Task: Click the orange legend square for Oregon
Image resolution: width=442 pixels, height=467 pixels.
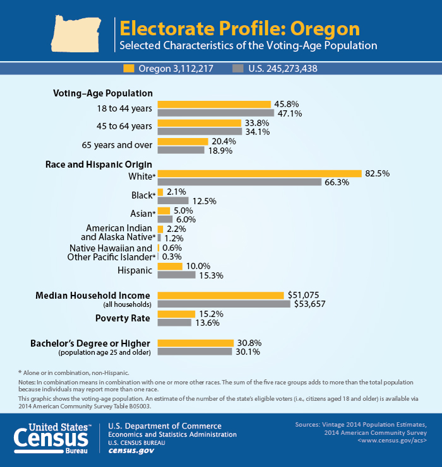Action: (x=129, y=67)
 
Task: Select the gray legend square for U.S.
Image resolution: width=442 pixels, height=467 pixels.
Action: (x=238, y=67)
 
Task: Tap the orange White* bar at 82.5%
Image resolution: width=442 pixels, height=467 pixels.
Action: (x=259, y=173)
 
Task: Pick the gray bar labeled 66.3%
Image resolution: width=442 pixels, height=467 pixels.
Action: (x=239, y=182)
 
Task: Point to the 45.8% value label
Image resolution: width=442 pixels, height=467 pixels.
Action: (x=285, y=105)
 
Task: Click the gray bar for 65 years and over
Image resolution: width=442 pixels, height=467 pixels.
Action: (x=181, y=151)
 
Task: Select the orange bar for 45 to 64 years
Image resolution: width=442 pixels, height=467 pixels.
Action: (x=199, y=123)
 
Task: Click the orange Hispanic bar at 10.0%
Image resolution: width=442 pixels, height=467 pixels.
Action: (x=169, y=266)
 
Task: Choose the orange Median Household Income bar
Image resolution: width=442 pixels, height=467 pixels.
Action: (x=220, y=295)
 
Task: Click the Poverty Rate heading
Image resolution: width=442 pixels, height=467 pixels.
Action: (x=122, y=318)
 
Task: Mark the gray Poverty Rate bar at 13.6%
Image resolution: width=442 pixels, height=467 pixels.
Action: (x=174, y=323)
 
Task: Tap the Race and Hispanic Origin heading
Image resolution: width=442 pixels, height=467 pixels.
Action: (x=99, y=164)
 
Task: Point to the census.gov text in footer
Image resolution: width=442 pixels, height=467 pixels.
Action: (x=131, y=451)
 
